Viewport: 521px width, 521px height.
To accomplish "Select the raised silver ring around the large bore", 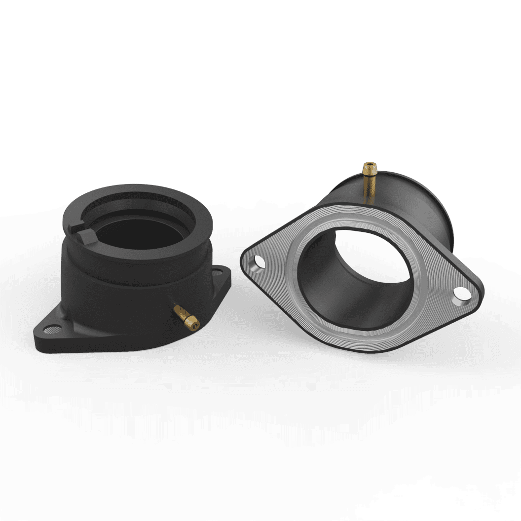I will point(419,257).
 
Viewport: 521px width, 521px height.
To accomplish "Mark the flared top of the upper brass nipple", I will point(370,166).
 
